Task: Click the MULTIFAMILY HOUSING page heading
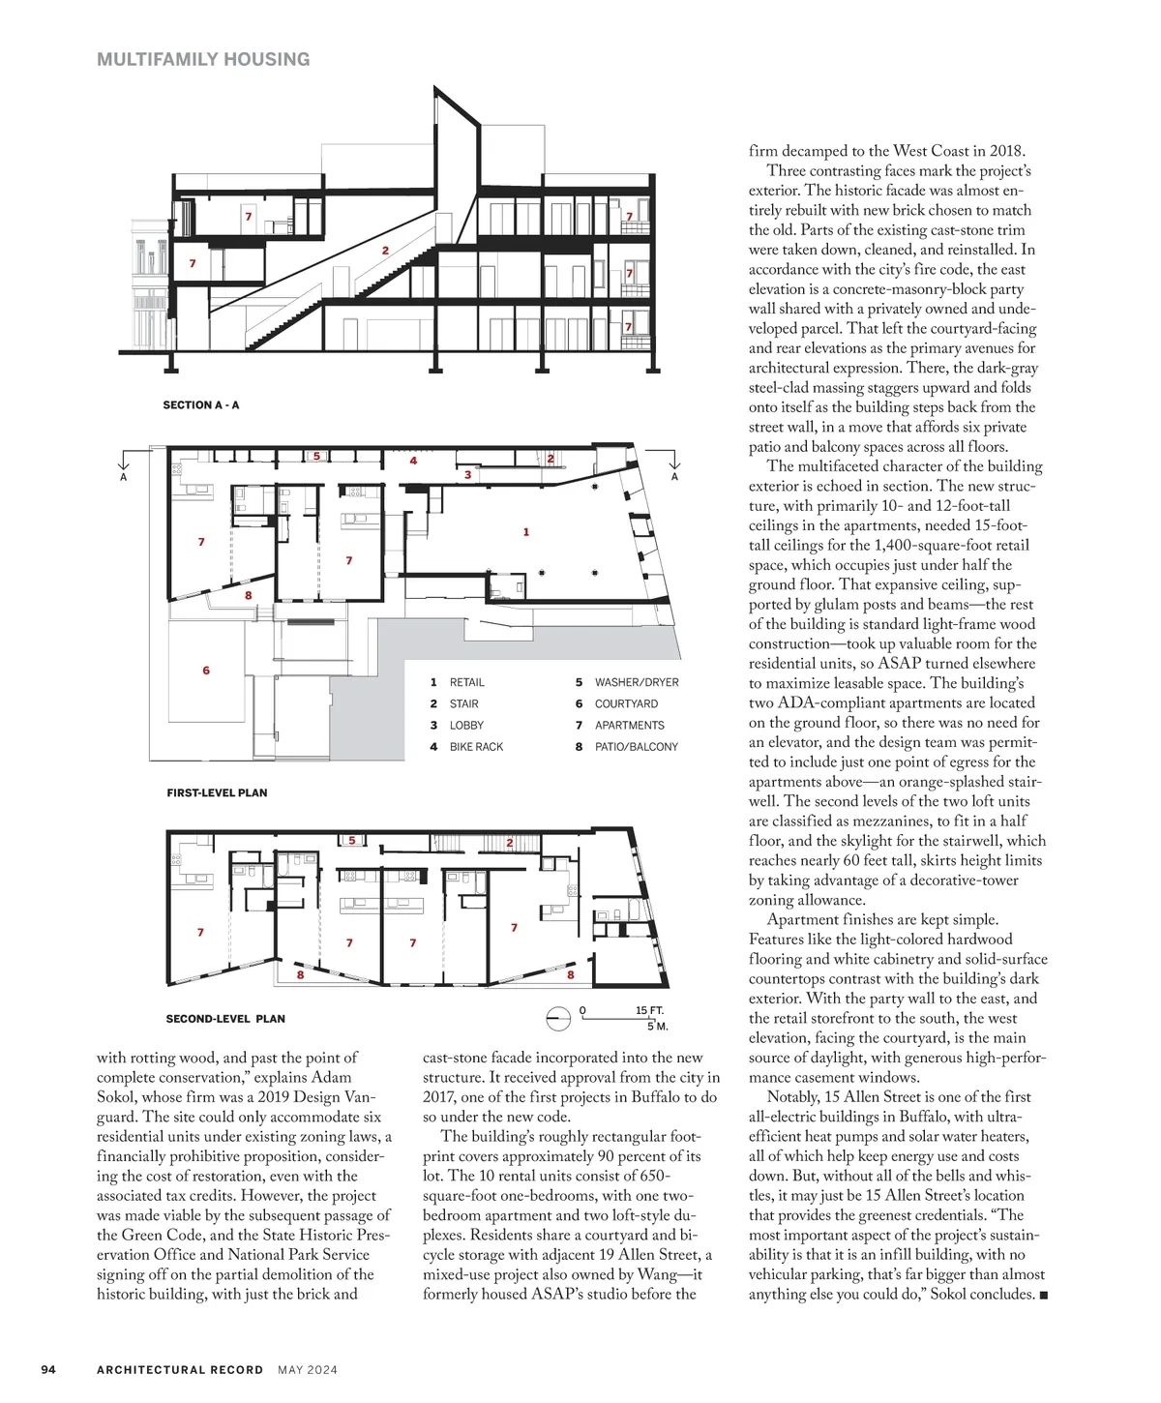coord(203,59)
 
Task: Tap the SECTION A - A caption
coord(200,405)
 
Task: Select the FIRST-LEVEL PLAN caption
coord(217,792)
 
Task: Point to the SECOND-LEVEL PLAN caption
coord(225,1019)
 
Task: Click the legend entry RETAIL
coord(466,682)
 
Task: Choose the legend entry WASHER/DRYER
coord(636,682)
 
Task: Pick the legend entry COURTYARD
coord(625,703)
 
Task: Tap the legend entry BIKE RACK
coord(476,747)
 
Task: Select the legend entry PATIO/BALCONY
coord(636,747)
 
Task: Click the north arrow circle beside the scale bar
coord(558,1019)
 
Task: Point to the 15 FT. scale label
coord(649,1010)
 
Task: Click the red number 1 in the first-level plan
coord(526,532)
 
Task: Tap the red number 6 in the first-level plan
coord(206,671)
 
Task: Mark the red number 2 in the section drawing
coord(385,251)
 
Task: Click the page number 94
coord(48,1369)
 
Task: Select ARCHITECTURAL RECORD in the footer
coord(180,1369)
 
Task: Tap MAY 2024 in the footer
coord(308,1369)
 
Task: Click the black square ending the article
coord(1043,1296)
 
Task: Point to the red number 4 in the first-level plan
coord(413,461)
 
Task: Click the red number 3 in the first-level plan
coord(467,475)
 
